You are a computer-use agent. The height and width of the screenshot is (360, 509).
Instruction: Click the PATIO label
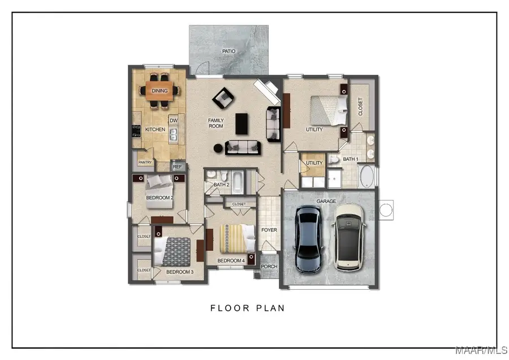click(228, 51)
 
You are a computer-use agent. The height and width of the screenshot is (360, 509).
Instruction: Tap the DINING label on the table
click(159, 91)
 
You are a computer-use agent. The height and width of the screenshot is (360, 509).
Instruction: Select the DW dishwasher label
click(174, 120)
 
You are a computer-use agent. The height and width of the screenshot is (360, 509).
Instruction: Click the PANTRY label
click(145, 162)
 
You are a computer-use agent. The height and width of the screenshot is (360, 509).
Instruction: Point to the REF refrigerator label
click(178, 167)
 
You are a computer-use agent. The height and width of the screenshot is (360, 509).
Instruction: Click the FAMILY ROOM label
click(216, 123)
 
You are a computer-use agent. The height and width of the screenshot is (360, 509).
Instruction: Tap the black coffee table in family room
click(241, 123)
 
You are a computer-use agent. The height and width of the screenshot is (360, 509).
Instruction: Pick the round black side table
click(218, 148)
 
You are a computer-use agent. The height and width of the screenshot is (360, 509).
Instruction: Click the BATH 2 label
click(222, 185)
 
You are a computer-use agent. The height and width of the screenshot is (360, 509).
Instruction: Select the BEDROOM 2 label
click(159, 198)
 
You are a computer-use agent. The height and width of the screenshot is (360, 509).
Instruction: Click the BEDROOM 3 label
click(180, 272)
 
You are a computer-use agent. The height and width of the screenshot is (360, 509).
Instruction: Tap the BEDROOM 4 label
click(231, 260)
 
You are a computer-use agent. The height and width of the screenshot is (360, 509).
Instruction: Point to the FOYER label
click(269, 230)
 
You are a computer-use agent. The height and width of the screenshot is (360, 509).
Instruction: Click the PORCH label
click(269, 267)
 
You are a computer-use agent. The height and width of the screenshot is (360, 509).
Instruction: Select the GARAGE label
click(326, 201)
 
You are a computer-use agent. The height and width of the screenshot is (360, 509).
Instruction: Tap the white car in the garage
click(349, 237)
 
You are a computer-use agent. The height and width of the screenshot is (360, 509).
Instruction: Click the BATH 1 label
click(350, 160)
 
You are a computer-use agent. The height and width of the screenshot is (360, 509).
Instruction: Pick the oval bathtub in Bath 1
click(366, 177)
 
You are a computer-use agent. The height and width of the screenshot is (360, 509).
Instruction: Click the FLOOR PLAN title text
click(248, 308)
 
